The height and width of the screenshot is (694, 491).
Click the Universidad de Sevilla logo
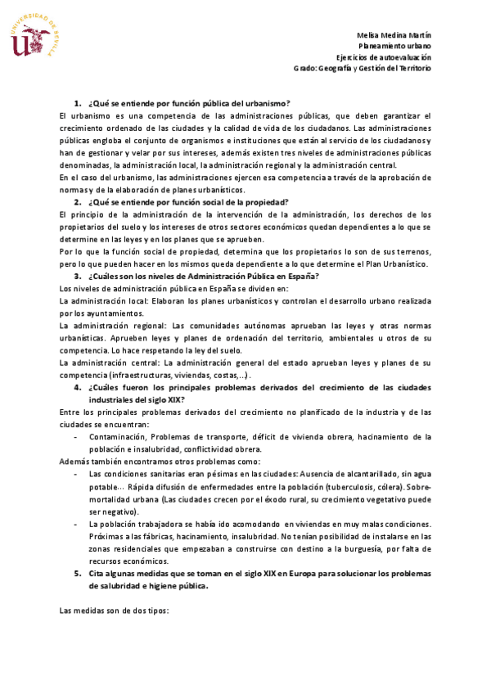(x=35, y=36)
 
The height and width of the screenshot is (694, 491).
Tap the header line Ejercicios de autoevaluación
(x=384, y=57)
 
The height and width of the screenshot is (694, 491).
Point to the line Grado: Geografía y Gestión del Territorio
(x=362, y=68)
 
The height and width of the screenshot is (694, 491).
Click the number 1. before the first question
(x=77, y=104)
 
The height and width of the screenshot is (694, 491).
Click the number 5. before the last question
(x=77, y=573)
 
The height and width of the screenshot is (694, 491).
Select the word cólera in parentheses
(x=403, y=485)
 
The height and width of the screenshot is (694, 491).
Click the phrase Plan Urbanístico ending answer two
(x=400, y=264)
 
